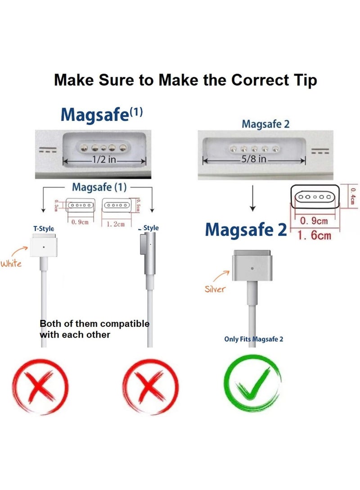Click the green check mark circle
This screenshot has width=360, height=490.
[252, 386]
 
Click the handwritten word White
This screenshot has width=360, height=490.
[11, 263]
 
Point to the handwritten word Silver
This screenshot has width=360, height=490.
[215, 289]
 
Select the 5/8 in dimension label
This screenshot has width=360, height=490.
[254, 159]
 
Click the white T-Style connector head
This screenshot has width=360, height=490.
[43, 246]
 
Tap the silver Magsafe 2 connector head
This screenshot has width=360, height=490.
[252, 267]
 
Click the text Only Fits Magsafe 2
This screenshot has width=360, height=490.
[254, 339]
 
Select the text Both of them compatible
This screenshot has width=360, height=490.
[94, 324]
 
